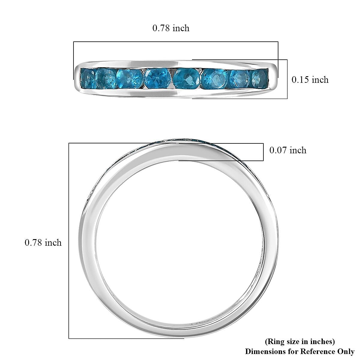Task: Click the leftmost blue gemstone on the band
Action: pyautogui.click(x=87, y=78)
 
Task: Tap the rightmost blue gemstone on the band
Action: pyautogui.click(x=260, y=79)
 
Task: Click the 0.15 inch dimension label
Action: pyautogui.click(x=310, y=80)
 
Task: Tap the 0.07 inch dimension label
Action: pyautogui.click(x=288, y=150)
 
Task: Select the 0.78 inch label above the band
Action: pyautogui.click(x=171, y=28)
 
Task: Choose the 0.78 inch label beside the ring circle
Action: pyautogui.click(x=43, y=242)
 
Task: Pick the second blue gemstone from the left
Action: pyautogui.click(x=105, y=78)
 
